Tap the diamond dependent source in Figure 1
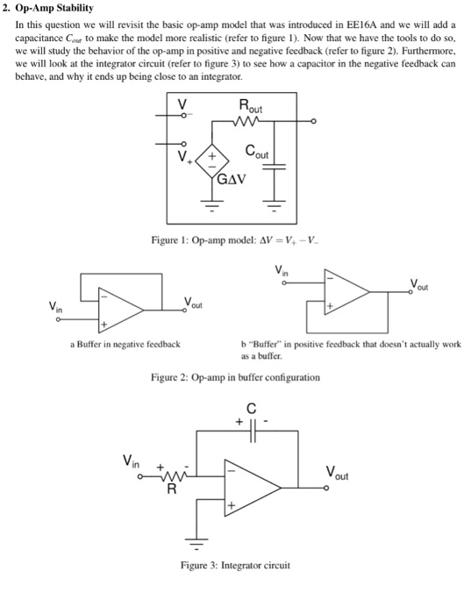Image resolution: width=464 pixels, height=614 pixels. point(213,161)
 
